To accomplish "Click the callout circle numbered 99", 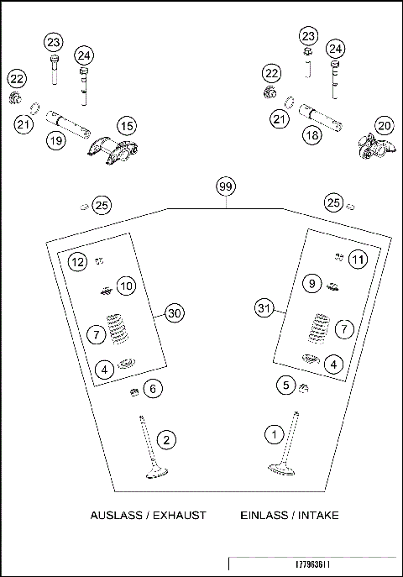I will point(224,186).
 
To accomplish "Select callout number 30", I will point(173,313).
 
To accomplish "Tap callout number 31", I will point(264,309).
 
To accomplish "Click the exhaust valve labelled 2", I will point(152,449).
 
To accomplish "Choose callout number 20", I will point(385,126).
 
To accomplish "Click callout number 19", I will point(55,140).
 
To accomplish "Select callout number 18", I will point(311,134).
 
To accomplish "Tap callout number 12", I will point(77,262).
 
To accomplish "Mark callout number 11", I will point(359,259).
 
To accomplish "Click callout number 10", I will point(126,286).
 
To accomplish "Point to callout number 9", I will point(311,284).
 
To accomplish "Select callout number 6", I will point(151,389).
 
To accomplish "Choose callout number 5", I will point(286,385).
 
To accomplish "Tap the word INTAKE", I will point(317,515).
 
